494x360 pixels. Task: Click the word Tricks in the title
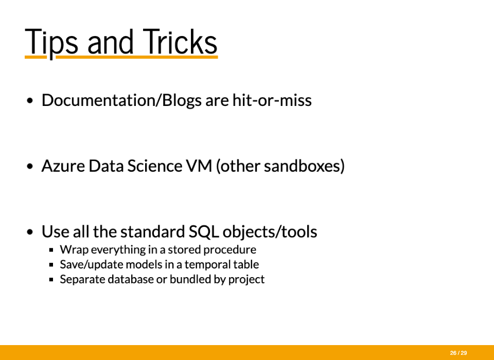tap(180, 41)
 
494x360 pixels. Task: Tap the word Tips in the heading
tap(51, 43)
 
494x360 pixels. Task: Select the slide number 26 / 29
tap(458, 353)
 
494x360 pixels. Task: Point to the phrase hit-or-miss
tap(272, 100)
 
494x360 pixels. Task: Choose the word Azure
tap(63, 166)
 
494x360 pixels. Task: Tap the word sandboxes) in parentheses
tap(304, 166)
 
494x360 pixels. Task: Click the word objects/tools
tap(270, 232)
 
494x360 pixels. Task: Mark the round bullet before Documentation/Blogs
tap(30, 100)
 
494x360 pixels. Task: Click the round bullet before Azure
tap(30, 166)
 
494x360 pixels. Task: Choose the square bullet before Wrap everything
tap(51, 250)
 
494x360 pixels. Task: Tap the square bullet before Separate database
tap(51, 280)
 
